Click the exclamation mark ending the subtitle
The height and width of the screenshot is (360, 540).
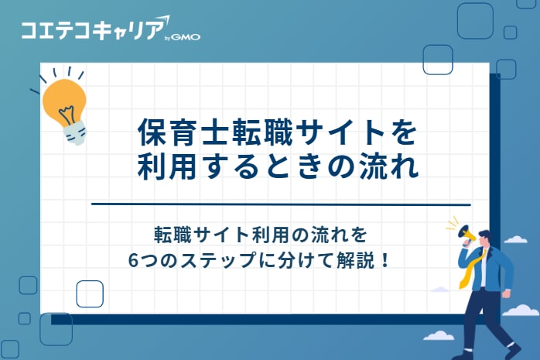pyautogui.click(x=384, y=259)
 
